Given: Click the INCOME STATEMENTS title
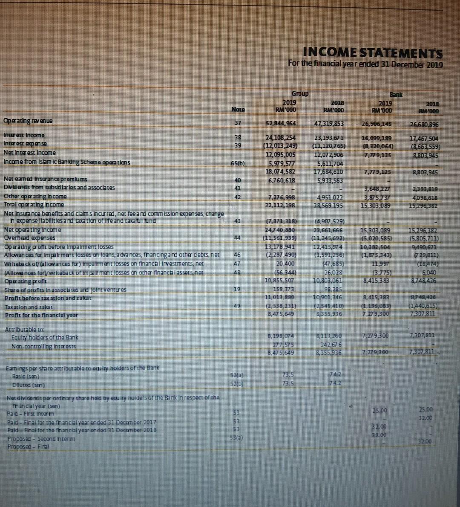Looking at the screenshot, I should (x=373, y=53).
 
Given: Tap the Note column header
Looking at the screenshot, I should (x=238, y=109).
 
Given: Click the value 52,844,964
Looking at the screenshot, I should (x=281, y=123).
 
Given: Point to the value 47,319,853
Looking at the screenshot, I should (x=328, y=124).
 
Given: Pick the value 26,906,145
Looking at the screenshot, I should (x=376, y=124).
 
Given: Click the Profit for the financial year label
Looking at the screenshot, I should (x=41, y=315).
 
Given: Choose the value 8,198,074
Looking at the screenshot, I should (x=280, y=336).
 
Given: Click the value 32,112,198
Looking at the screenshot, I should (x=281, y=205).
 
